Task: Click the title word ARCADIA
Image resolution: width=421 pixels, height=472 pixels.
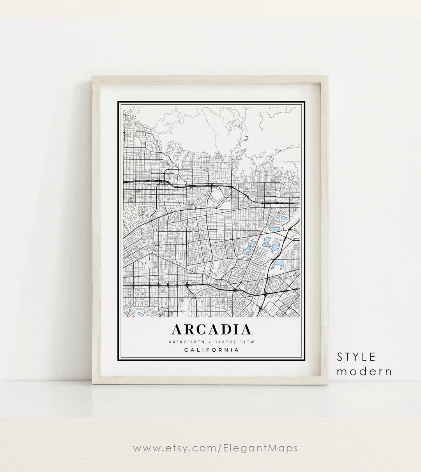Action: tap(211, 329)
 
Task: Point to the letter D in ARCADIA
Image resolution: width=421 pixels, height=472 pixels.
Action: tap(228, 329)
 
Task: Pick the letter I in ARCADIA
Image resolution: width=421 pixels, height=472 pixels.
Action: tap(237, 329)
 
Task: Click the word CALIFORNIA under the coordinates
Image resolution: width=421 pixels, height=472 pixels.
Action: tap(211, 350)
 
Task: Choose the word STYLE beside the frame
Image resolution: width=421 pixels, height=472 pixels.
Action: tap(356, 357)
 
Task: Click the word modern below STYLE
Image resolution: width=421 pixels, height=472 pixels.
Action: tap(364, 371)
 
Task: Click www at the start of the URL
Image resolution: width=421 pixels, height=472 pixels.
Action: tap(143, 448)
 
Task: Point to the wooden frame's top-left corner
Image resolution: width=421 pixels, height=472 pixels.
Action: tap(92, 77)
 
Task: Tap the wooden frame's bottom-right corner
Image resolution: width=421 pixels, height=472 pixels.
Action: tap(328, 386)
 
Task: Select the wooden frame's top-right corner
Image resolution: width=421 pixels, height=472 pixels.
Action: tap(328, 77)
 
